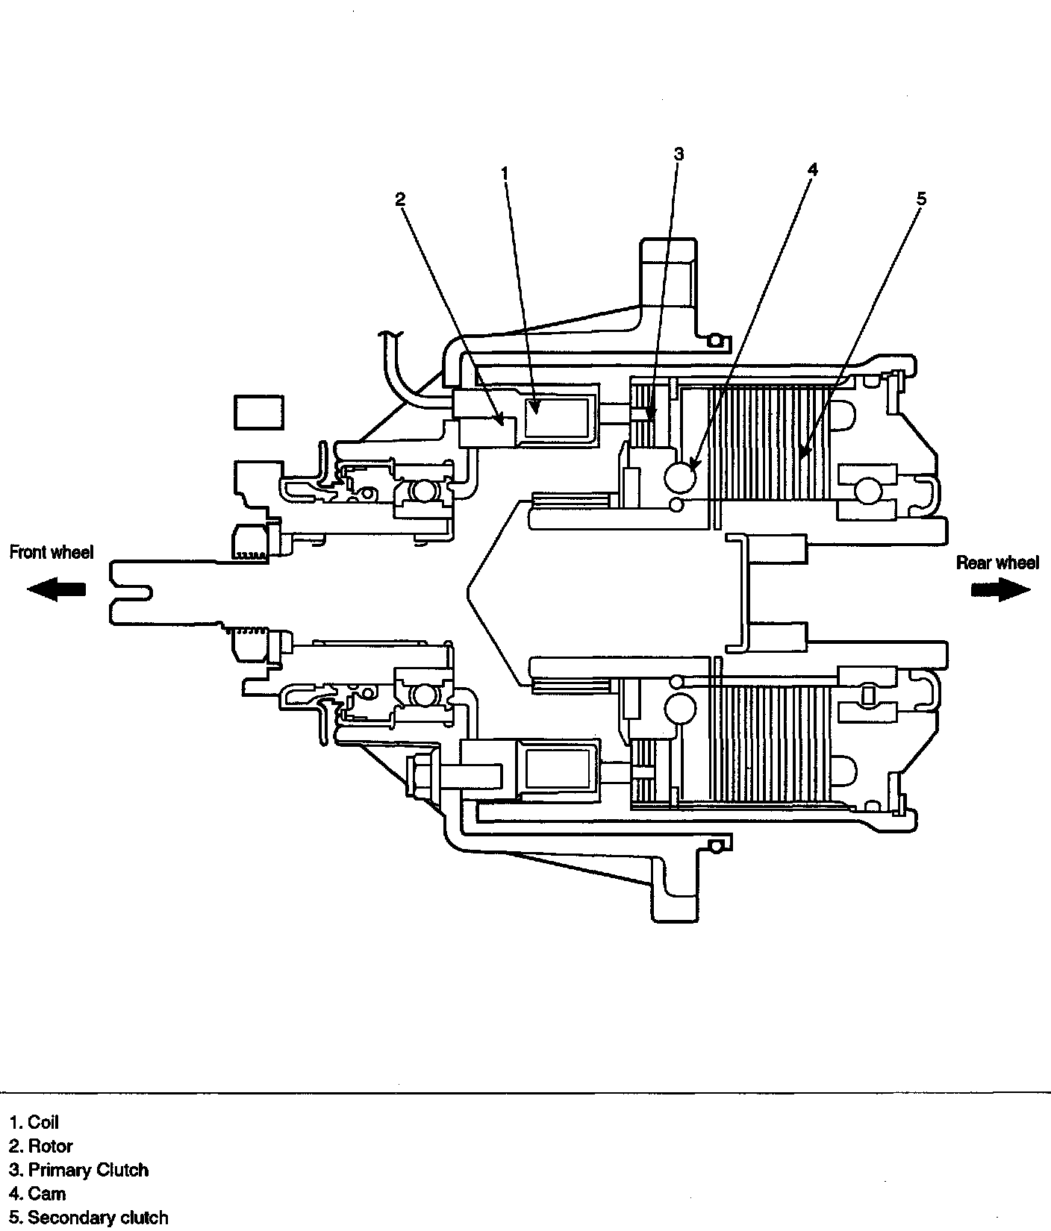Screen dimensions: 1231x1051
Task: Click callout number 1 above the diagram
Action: (505, 173)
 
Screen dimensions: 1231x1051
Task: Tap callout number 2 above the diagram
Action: (400, 199)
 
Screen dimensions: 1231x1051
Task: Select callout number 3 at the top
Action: (678, 154)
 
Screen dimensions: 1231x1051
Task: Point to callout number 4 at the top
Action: (812, 170)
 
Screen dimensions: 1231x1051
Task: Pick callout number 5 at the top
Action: (921, 199)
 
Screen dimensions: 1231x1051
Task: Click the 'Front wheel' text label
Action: (52, 553)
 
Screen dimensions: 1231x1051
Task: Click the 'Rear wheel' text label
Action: (997, 563)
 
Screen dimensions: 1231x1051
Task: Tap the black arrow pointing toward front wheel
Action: (56, 589)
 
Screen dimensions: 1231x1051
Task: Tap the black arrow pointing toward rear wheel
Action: (1001, 589)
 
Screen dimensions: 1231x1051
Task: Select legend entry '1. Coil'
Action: (34, 1122)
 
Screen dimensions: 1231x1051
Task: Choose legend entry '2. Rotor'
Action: (41, 1146)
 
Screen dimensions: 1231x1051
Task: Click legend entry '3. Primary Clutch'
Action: (78, 1170)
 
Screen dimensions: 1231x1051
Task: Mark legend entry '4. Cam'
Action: (37, 1194)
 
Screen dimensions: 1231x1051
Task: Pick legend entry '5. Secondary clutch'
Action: (88, 1218)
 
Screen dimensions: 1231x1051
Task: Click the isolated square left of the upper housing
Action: (259, 413)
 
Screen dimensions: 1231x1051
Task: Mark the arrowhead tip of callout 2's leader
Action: (503, 425)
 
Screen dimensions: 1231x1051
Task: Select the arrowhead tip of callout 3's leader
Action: (650, 419)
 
